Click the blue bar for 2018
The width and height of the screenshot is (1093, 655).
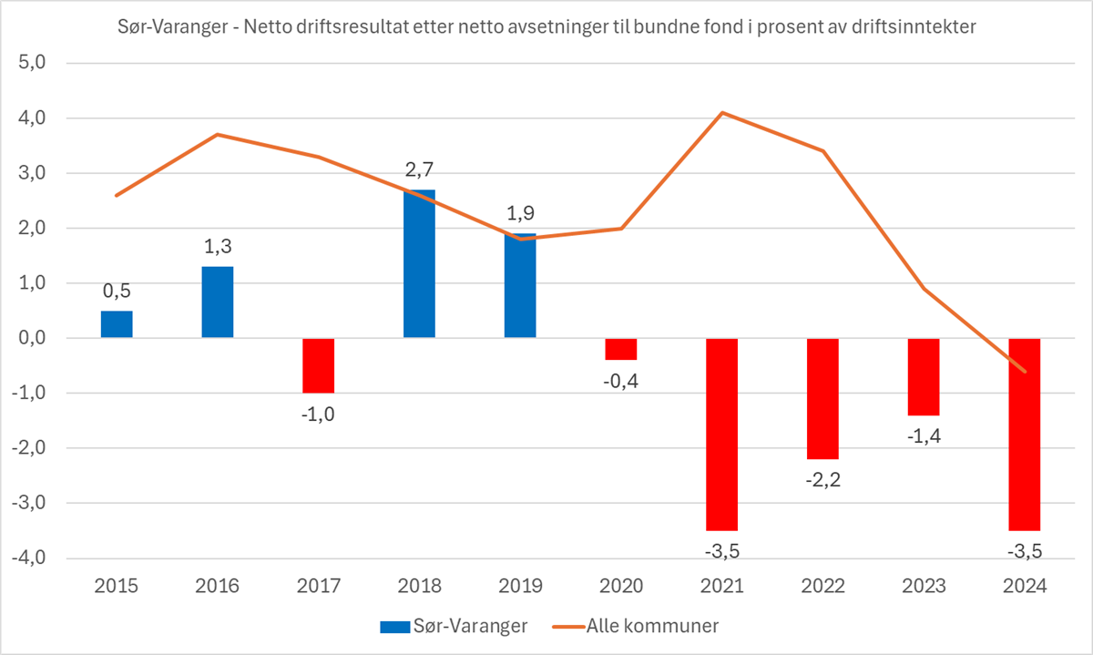tap(419, 264)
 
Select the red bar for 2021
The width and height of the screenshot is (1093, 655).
tap(721, 434)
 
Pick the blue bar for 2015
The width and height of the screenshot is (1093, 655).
tap(117, 324)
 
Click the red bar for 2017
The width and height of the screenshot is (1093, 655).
tap(318, 365)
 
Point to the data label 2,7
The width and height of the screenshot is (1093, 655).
tap(419, 170)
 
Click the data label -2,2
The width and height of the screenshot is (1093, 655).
tap(822, 479)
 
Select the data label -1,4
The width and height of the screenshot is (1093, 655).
tap(923, 435)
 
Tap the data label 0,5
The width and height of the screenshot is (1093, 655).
tap(117, 292)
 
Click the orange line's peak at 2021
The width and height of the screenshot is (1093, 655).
tap(721, 113)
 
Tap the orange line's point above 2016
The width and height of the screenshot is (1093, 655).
tap(217, 135)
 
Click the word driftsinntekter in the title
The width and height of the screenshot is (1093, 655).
tap(912, 27)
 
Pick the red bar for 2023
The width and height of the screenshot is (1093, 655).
tap(923, 376)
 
